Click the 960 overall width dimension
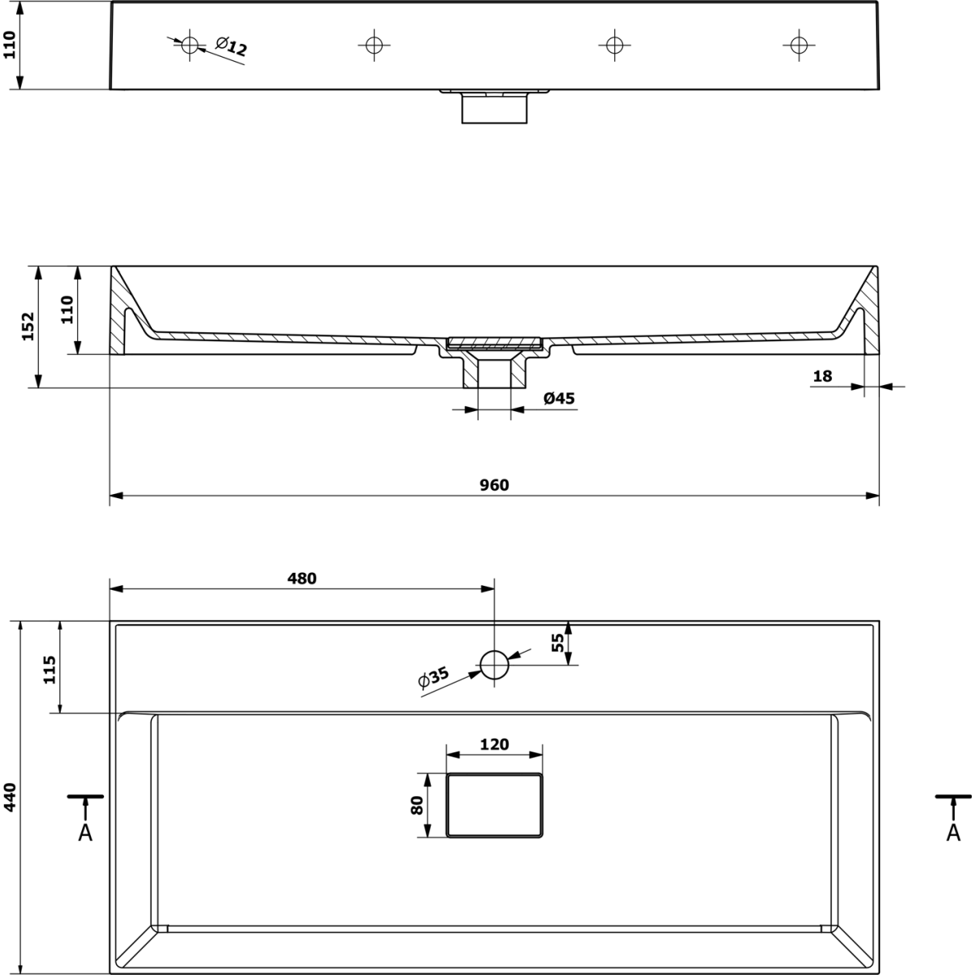coord(494,485)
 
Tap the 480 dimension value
coord(302,578)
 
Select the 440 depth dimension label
coord(10,797)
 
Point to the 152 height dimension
coord(28,327)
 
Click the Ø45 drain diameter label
coord(559,399)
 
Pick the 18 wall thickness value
coord(822,376)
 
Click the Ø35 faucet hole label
coord(434,678)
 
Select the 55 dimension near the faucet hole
coord(557,643)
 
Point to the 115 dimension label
coord(50,669)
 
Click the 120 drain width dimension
coord(494,744)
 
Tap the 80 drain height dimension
coord(417,805)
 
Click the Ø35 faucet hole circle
coord(494,651)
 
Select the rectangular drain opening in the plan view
coord(494,774)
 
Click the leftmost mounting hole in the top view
coord(190,45)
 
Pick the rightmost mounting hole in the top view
coord(799,45)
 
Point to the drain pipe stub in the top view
coord(494,106)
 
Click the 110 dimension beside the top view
coord(10,45)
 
